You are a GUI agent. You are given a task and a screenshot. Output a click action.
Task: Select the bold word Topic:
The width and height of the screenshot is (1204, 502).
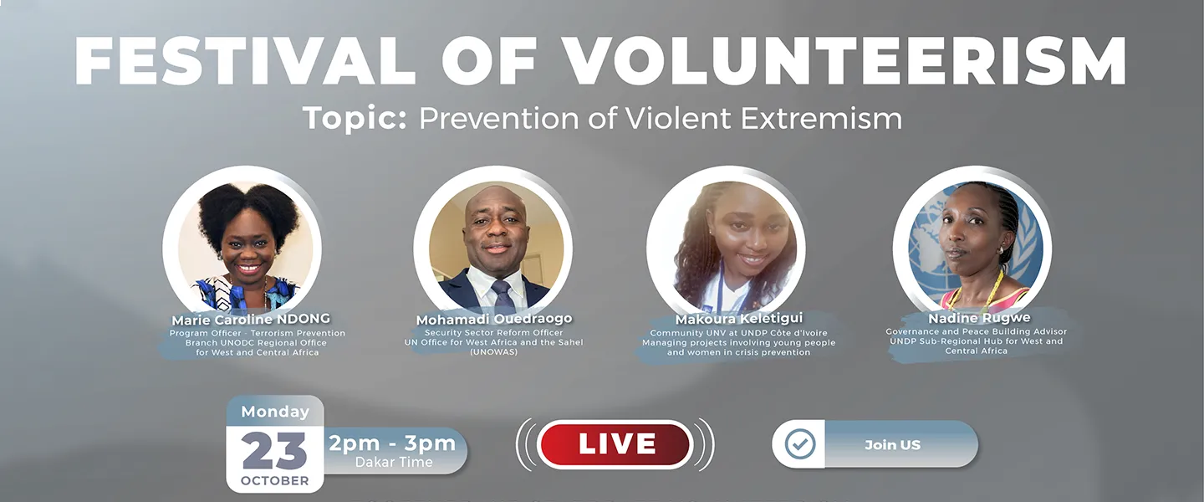[355, 118]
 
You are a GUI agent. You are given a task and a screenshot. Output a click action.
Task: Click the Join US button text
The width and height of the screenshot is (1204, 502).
[892, 444]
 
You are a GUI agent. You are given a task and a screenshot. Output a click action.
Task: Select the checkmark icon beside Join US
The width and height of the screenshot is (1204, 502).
[799, 444]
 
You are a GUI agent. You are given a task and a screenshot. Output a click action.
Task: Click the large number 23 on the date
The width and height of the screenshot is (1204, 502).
[274, 451]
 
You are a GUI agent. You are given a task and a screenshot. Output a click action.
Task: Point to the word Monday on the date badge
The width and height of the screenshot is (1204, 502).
[274, 412]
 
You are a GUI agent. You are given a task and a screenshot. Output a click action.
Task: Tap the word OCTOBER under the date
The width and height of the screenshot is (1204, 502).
[274, 481]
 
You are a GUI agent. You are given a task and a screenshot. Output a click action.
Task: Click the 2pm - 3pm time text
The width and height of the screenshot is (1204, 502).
[392, 443]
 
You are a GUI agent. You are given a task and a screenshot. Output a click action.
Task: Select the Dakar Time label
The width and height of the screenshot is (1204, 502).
[394, 462]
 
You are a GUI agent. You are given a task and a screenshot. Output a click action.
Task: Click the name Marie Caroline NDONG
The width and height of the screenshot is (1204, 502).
[251, 319]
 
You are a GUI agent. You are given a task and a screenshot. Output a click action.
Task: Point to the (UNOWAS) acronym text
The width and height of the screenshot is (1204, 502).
[493, 351]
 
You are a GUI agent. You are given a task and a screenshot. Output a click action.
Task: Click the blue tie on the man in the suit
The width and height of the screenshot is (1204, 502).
[503, 298]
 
